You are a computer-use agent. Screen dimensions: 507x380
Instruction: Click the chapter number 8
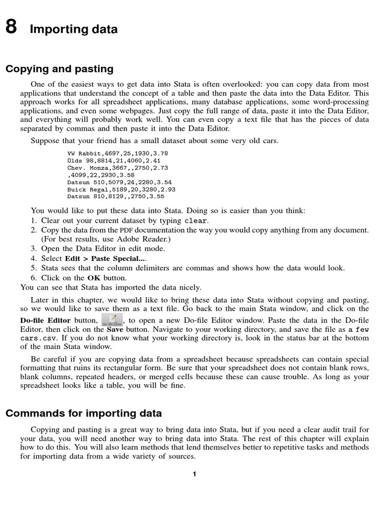(11, 28)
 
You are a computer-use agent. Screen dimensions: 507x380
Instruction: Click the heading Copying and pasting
(59, 69)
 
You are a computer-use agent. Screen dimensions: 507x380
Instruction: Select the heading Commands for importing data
(84, 413)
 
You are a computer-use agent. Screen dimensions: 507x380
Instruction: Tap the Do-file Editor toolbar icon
(112, 319)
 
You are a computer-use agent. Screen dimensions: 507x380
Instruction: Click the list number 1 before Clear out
(33, 221)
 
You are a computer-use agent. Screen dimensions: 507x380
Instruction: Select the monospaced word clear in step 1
(196, 221)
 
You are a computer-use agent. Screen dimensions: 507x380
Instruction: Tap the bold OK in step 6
(94, 277)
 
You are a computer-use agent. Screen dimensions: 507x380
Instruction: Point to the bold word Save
(115, 329)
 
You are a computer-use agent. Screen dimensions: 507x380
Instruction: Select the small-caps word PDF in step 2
(126, 230)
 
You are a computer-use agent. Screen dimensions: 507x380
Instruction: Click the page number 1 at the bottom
(194, 474)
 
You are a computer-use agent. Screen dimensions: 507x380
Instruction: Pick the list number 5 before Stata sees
(33, 268)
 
